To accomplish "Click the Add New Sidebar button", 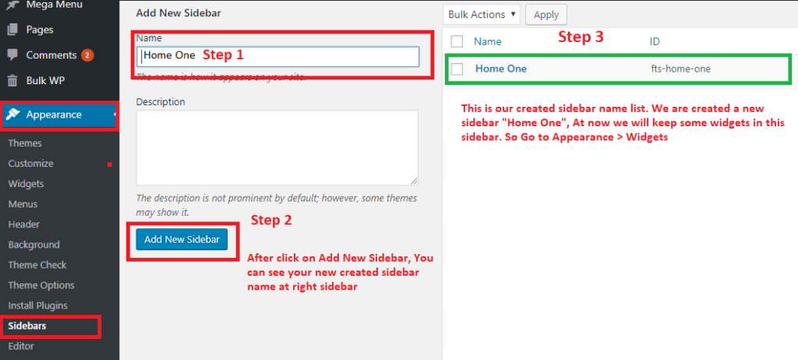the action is (x=182, y=239).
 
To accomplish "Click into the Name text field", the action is (x=278, y=57).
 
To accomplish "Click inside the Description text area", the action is (x=277, y=148).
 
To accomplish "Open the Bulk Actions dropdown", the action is (x=482, y=15).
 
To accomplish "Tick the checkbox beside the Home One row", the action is (x=457, y=69).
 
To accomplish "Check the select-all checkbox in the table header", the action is (x=457, y=41).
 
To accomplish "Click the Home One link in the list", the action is (x=501, y=69).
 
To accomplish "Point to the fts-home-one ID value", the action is (x=680, y=69).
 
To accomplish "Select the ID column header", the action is (x=655, y=42).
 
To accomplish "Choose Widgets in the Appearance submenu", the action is (x=26, y=184).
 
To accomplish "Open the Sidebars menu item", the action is (x=27, y=326).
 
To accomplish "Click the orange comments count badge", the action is (x=87, y=55).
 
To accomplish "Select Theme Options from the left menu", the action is (x=41, y=285).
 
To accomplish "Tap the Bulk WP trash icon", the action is (x=12, y=80).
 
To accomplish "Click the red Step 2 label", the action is (x=271, y=220).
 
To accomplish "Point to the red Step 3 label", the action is (x=581, y=37).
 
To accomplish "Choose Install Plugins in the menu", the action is (x=37, y=305).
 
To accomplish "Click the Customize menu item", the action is (x=30, y=164).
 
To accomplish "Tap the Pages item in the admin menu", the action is (x=40, y=30).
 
